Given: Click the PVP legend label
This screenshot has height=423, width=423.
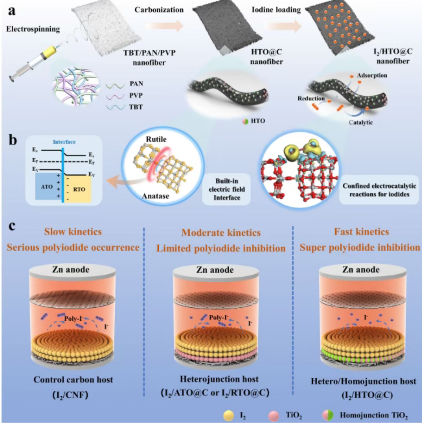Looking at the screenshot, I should click(136, 96).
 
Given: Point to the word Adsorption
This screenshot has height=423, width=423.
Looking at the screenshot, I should click(372, 76).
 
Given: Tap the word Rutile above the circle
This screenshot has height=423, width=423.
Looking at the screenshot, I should click(156, 140).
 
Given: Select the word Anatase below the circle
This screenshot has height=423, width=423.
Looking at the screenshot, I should click(156, 196).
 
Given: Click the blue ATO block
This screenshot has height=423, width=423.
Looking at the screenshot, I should click(47, 188).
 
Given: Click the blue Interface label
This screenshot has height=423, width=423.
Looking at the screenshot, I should click(64, 142).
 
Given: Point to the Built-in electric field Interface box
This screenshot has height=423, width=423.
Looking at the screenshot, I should click(226, 189).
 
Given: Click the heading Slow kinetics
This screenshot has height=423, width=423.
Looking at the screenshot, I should click(73, 232).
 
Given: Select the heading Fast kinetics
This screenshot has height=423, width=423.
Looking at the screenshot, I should click(361, 232).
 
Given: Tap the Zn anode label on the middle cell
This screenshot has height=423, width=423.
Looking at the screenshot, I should click(215, 270).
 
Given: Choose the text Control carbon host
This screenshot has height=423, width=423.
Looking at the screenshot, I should click(73, 380).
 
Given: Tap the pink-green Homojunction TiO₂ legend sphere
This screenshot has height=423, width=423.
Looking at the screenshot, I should click(328, 415).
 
